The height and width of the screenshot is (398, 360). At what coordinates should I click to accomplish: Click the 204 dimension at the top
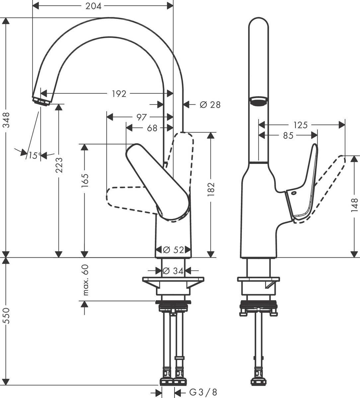pos(93,6)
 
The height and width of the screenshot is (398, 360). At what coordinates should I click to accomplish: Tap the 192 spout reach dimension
pos(118,94)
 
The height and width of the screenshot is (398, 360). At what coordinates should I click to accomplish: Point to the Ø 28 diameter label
pos(210,105)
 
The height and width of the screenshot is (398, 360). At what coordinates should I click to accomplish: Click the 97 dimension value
pos(142,117)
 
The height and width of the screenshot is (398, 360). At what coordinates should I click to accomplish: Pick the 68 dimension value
pos(152,128)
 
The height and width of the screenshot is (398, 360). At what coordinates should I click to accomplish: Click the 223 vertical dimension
pos(59,165)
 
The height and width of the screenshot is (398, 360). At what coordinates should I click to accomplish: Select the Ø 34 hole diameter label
pos(174,271)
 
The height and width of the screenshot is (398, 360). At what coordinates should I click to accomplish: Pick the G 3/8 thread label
pos(202,392)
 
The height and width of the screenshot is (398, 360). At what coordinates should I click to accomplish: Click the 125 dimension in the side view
pos(301,125)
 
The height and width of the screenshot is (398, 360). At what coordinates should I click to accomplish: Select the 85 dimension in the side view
pos(288,136)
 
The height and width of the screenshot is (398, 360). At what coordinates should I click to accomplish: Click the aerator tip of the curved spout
pos(41,101)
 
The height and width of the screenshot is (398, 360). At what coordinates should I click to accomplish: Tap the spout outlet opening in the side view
pos(258,101)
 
